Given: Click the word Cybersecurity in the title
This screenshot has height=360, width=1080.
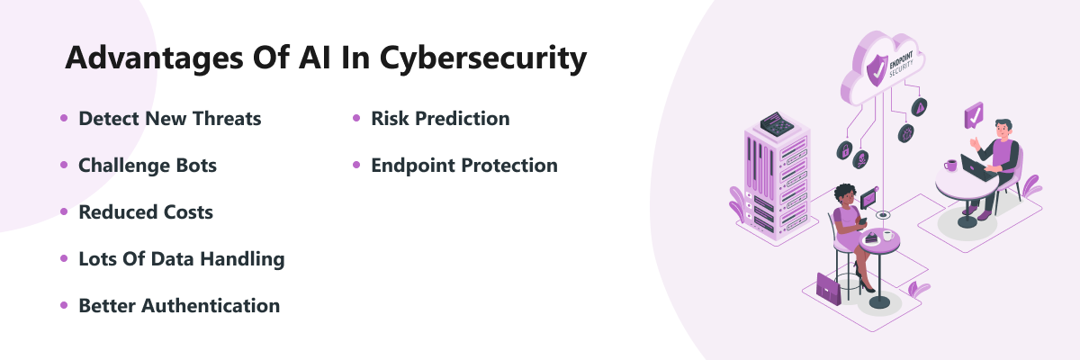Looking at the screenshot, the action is click(x=483, y=59).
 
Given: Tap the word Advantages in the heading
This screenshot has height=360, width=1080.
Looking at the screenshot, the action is click(x=154, y=59).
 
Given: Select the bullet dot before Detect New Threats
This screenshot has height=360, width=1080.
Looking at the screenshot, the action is click(x=64, y=118).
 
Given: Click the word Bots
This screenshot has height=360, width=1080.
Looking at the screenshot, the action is click(x=196, y=166).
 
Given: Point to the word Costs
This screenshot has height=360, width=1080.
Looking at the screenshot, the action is click(x=188, y=212).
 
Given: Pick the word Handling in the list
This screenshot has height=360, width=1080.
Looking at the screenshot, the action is click(x=242, y=259).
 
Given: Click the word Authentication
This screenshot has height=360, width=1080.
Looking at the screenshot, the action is click(x=211, y=305).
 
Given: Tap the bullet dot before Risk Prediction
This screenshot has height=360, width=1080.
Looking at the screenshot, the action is click(x=356, y=118).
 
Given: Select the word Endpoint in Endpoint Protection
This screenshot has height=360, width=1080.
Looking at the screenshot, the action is click(x=413, y=166).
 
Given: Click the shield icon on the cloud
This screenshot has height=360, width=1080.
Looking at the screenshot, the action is click(x=877, y=70).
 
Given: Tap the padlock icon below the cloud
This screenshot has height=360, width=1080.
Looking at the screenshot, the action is click(x=844, y=150).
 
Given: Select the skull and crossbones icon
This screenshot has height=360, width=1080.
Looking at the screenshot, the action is click(x=860, y=159).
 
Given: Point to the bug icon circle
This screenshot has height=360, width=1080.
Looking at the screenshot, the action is click(x=906, y=133).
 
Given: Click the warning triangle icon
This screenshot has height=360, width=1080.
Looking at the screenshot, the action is click(x=920, y=107).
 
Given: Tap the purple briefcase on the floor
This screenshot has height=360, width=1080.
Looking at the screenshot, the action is click(x=828, y=289).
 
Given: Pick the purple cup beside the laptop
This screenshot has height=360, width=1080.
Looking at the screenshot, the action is click(x=950, y=166).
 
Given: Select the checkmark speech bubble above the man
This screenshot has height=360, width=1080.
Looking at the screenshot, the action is click(x=974, y=116).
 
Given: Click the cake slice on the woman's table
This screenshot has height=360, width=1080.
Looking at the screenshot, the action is click(x=871, y=237).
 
